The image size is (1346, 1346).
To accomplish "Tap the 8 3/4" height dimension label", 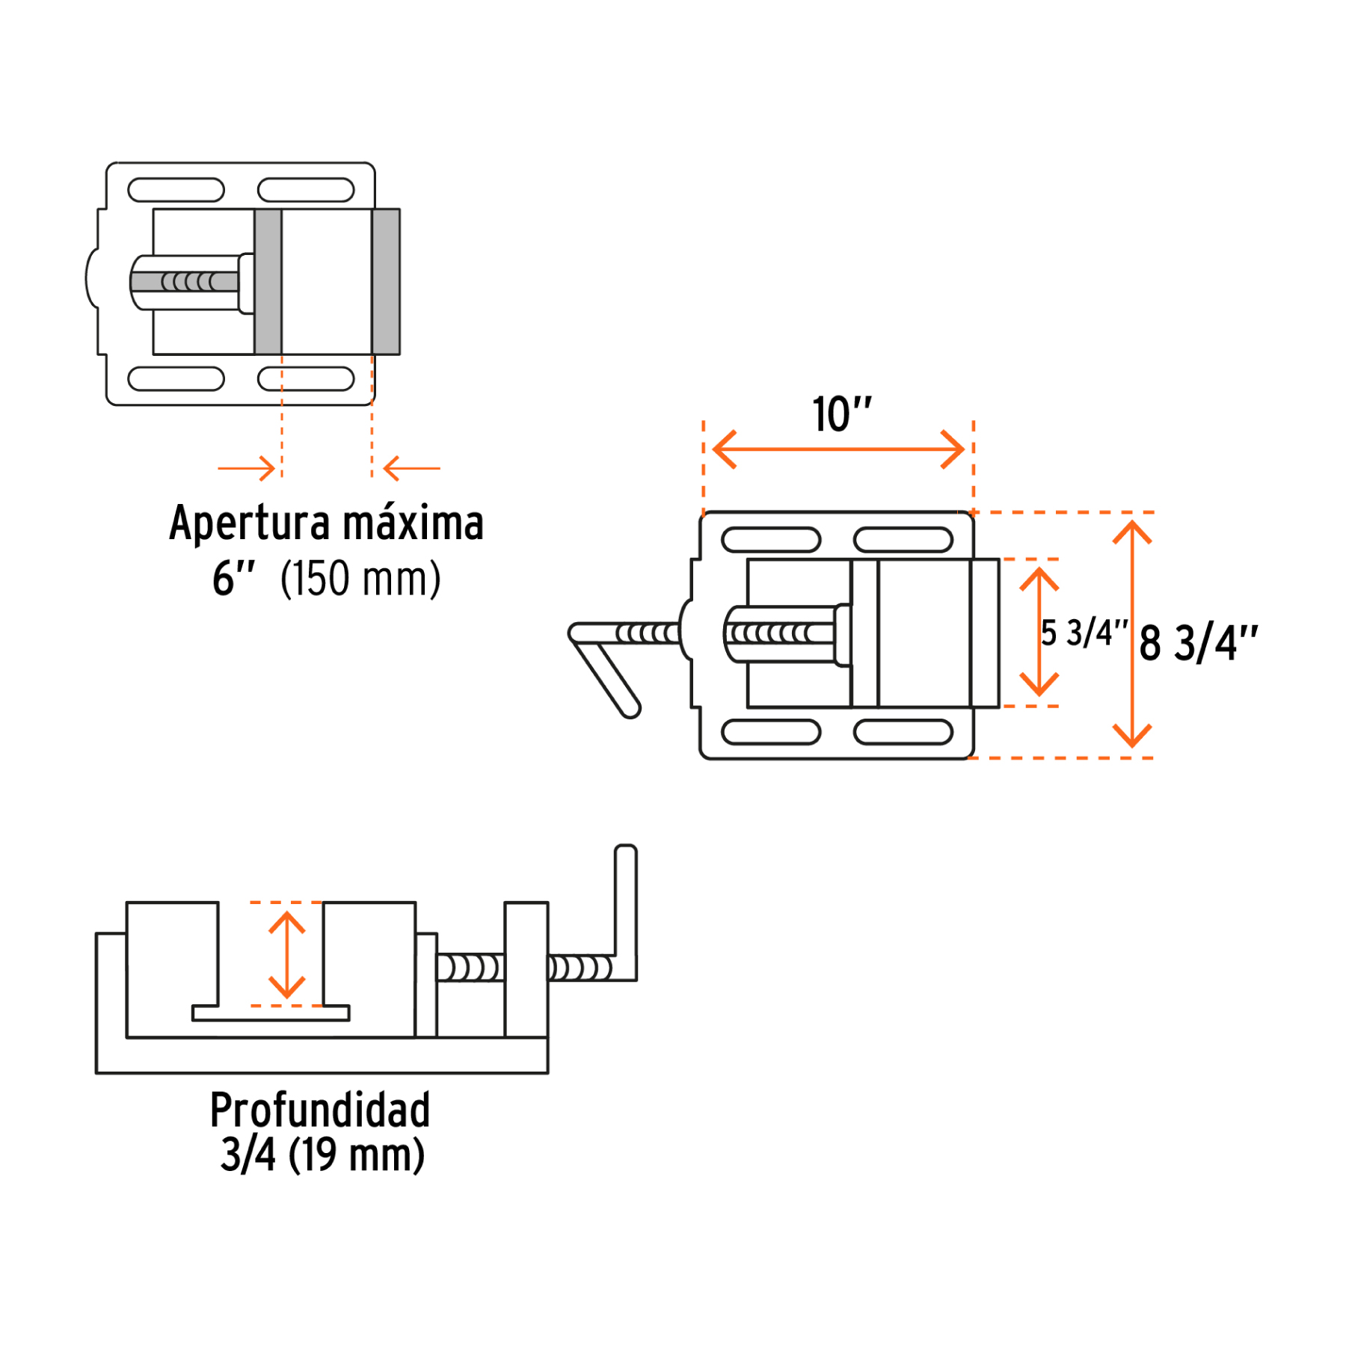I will tap(1198, 643).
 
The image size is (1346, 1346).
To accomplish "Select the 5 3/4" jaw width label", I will tap(1084, 633).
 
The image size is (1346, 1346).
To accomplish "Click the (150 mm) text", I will tap(360, 579).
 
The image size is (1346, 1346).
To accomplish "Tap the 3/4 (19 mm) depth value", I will tap(322, 1155).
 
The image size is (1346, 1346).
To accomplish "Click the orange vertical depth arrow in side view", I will tap(287, 955).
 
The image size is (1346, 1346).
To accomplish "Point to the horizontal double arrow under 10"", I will tap(838, 449).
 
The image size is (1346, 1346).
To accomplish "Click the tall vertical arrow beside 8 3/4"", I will tap(1132, 634).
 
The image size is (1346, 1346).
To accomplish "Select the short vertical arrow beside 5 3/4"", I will tap(1039, 633).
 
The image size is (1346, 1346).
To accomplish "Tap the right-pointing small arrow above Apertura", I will tap(247, 469).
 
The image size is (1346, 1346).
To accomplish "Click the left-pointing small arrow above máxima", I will tap(411, 469).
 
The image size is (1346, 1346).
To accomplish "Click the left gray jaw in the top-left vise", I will tap(268, 281).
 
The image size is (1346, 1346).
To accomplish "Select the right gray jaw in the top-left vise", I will tap(386, 281).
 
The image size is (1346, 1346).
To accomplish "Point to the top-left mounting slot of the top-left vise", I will tap(176, 190).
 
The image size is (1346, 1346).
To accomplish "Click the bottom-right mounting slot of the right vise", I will tap(903, 732).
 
